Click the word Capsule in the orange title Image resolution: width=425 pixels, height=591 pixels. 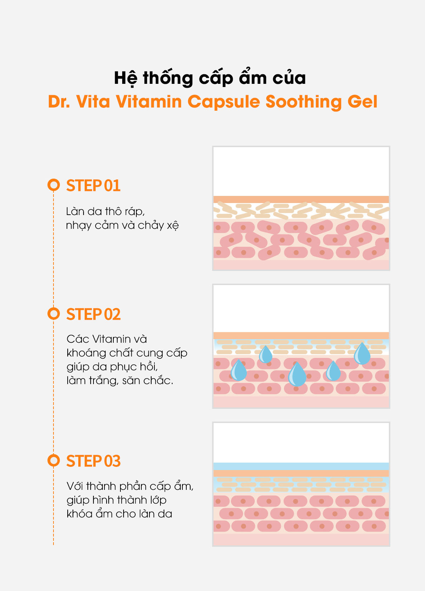click(224, 102)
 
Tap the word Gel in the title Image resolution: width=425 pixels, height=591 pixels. click(362, 102)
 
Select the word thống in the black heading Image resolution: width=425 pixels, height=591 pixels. click(168, 77)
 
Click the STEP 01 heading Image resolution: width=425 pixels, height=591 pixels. click(93, 185)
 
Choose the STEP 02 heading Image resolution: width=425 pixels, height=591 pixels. click(93, 314)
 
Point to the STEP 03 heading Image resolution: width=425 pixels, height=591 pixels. click(93, 461)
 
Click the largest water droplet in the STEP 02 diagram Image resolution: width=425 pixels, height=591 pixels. click(297, 374)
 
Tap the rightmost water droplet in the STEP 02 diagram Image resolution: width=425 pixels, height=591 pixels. click(362, 354)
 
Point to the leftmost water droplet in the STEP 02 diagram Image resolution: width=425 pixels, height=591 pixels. click(238, 370)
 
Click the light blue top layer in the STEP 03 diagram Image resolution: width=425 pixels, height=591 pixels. click(301, 466)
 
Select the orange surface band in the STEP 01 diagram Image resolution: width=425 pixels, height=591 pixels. click(301, 199)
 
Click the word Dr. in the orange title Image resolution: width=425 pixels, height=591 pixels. click(59, 102)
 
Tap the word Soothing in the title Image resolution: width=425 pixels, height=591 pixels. click(304, 102)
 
